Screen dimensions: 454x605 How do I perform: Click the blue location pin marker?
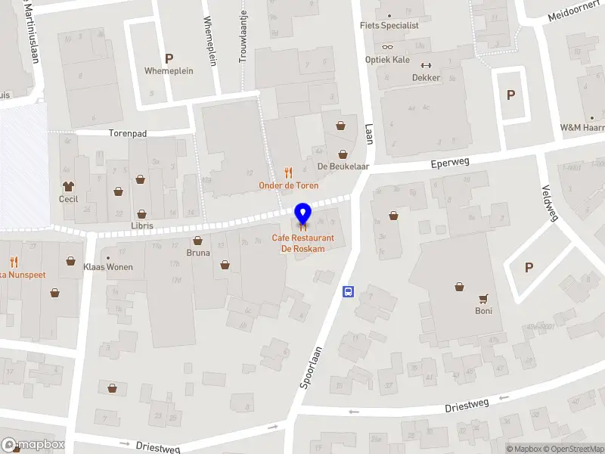tap(303, 215)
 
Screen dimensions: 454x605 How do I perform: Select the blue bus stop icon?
tap(349, 291)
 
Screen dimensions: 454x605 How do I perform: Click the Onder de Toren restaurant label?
tap(288, 185)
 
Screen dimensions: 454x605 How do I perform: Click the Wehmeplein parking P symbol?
tap(169, 58)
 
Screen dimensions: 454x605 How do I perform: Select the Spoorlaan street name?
tap(311, 367)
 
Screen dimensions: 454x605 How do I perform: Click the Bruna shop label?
tap(198, 253)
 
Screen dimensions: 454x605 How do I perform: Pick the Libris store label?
tap(141, 225)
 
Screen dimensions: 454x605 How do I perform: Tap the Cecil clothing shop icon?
tap(69, 186)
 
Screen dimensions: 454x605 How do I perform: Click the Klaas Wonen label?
tap(107, 266)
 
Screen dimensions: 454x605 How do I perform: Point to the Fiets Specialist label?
tap(389, 25)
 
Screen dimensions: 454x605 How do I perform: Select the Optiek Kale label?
tap(387, 59)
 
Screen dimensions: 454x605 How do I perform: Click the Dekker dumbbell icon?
tap(425, 65)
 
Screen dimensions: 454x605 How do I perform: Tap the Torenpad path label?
tap(127, 132)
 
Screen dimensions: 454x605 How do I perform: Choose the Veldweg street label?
tap(550, 203)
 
